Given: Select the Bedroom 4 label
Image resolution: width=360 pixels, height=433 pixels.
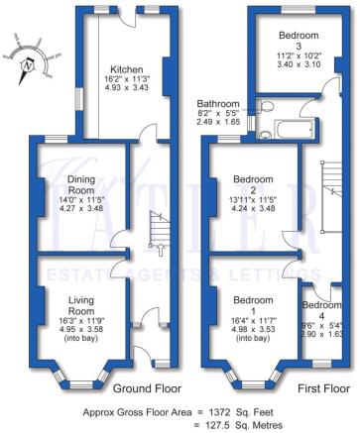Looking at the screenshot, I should click(319, 305).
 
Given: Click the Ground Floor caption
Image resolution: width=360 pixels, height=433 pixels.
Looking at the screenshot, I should click(144, 388).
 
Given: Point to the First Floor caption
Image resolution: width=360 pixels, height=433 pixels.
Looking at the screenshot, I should click(319, 388).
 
